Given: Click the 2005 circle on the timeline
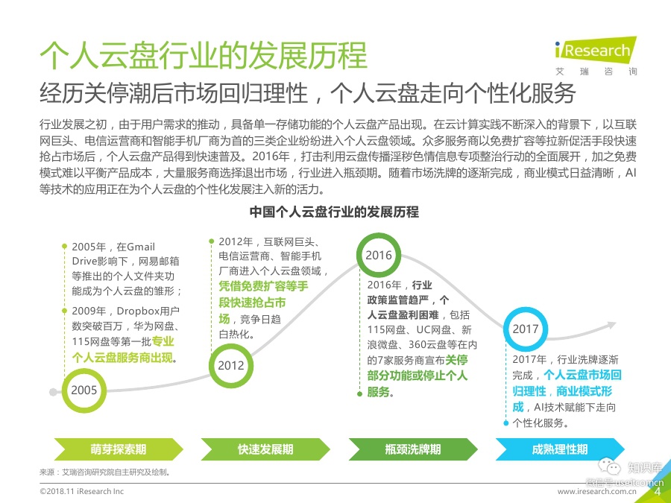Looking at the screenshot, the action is (x=84, y=389).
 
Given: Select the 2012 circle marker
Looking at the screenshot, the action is (x=231, y=365).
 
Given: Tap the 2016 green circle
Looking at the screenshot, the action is (x=379, y=256).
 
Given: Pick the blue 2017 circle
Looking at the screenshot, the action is (x=526, y=328).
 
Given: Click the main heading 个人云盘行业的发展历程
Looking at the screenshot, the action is (x=203, y=57).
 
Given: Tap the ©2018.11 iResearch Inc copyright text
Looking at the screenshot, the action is (x=82, y=493).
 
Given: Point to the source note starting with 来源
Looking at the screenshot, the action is (x=104, y=472).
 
